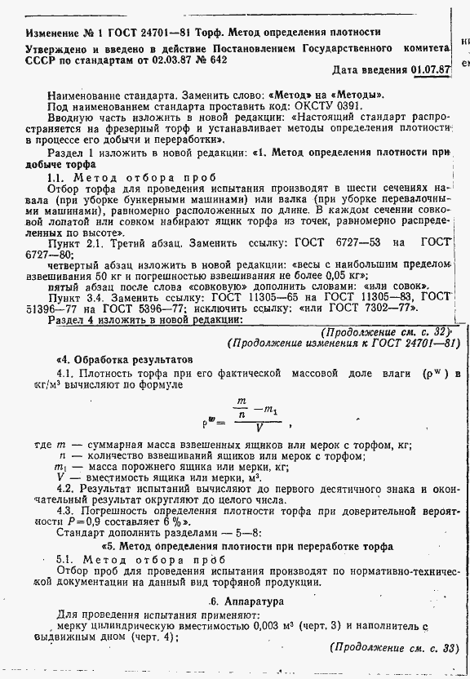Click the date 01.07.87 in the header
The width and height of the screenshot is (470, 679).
pos(432,69)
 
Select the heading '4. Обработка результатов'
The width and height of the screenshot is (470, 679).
pos(123,359)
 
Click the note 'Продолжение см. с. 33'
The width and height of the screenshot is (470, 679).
pos(396,648)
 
